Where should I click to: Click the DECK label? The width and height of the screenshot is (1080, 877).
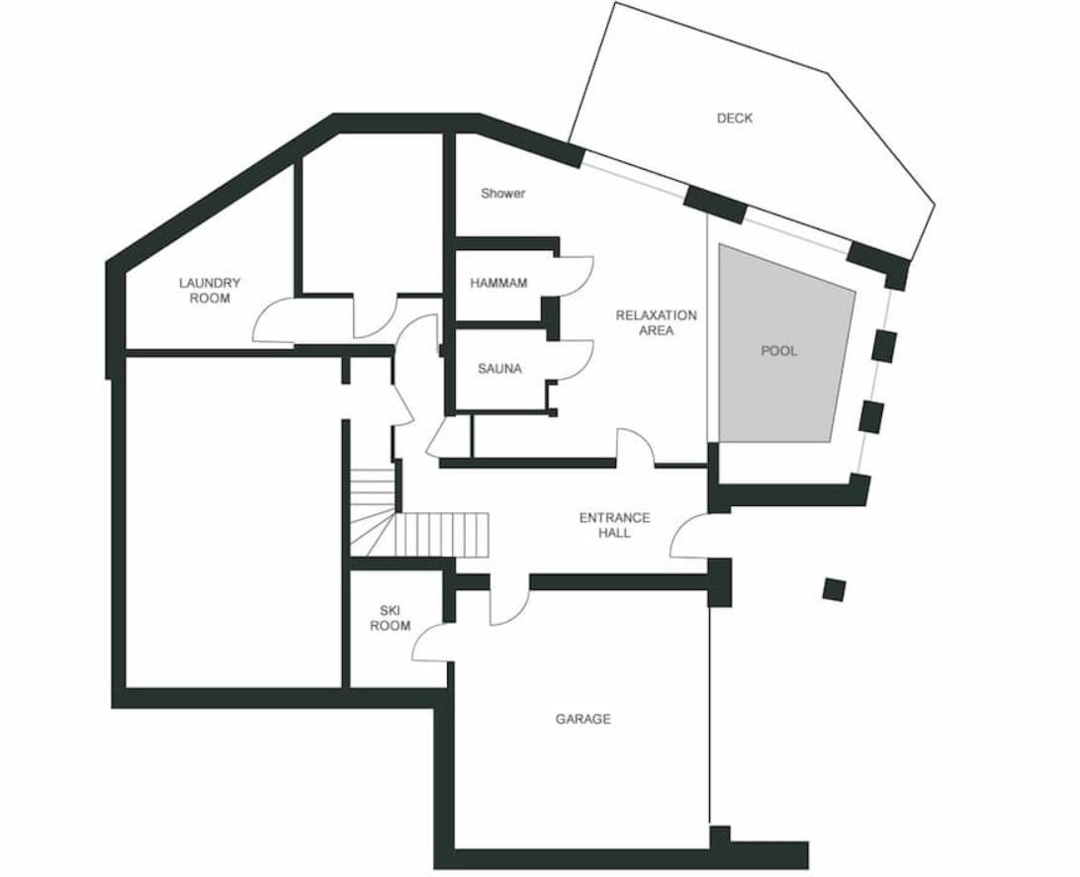(734, 119)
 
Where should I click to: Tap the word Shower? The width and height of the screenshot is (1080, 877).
(502, 194)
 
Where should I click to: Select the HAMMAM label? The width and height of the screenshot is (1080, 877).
(498, 283)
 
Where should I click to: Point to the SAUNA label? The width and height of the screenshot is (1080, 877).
(500, 369)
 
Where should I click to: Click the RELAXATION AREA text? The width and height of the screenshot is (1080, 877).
(656, 323)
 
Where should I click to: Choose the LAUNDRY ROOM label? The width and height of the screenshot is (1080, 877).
(210, 291)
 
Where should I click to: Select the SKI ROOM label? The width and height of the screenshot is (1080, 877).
(390, 618)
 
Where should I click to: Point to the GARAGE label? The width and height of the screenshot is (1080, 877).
(583, 720)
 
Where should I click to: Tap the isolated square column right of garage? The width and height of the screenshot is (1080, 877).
(834, 590)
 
